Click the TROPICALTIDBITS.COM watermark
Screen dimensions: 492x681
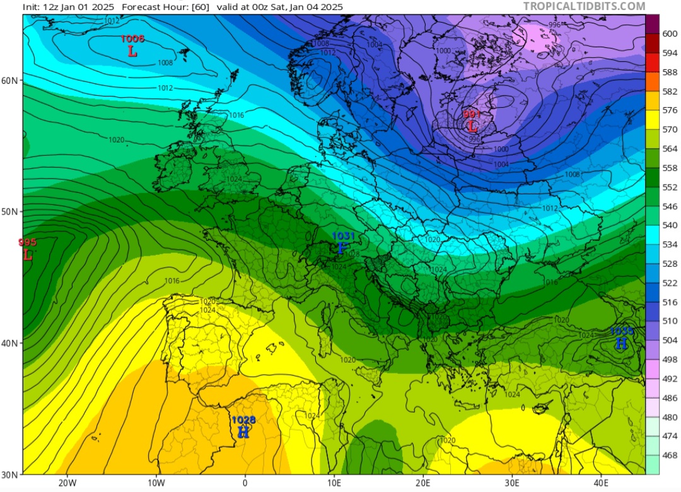(x=584, y=6)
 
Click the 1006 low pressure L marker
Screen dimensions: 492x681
(x=132, y=52)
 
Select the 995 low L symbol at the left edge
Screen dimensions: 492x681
(x=27, y=255)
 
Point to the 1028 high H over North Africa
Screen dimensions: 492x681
(x=243, y=432)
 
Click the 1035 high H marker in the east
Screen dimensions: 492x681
(x=621, y=344)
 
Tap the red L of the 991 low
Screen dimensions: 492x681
(x=472, y=126)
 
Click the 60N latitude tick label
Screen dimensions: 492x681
(x=10, y=80)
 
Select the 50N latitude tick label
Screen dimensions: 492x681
(x=10, y=211)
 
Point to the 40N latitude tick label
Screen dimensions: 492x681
(x=10, y=343)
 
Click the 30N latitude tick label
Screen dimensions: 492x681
(x=10, y=474)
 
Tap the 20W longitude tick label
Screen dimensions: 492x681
(x=67, y=483)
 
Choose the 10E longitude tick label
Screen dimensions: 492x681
(x=334, y=483)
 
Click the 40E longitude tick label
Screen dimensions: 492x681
(x=601, y=483)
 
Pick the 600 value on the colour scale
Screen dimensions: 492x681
(x=669, y=34)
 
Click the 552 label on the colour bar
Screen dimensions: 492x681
(x=669, y=187)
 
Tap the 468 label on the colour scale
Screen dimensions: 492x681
(x=669, y=455)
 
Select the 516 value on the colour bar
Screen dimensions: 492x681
(x=669, y=302)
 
